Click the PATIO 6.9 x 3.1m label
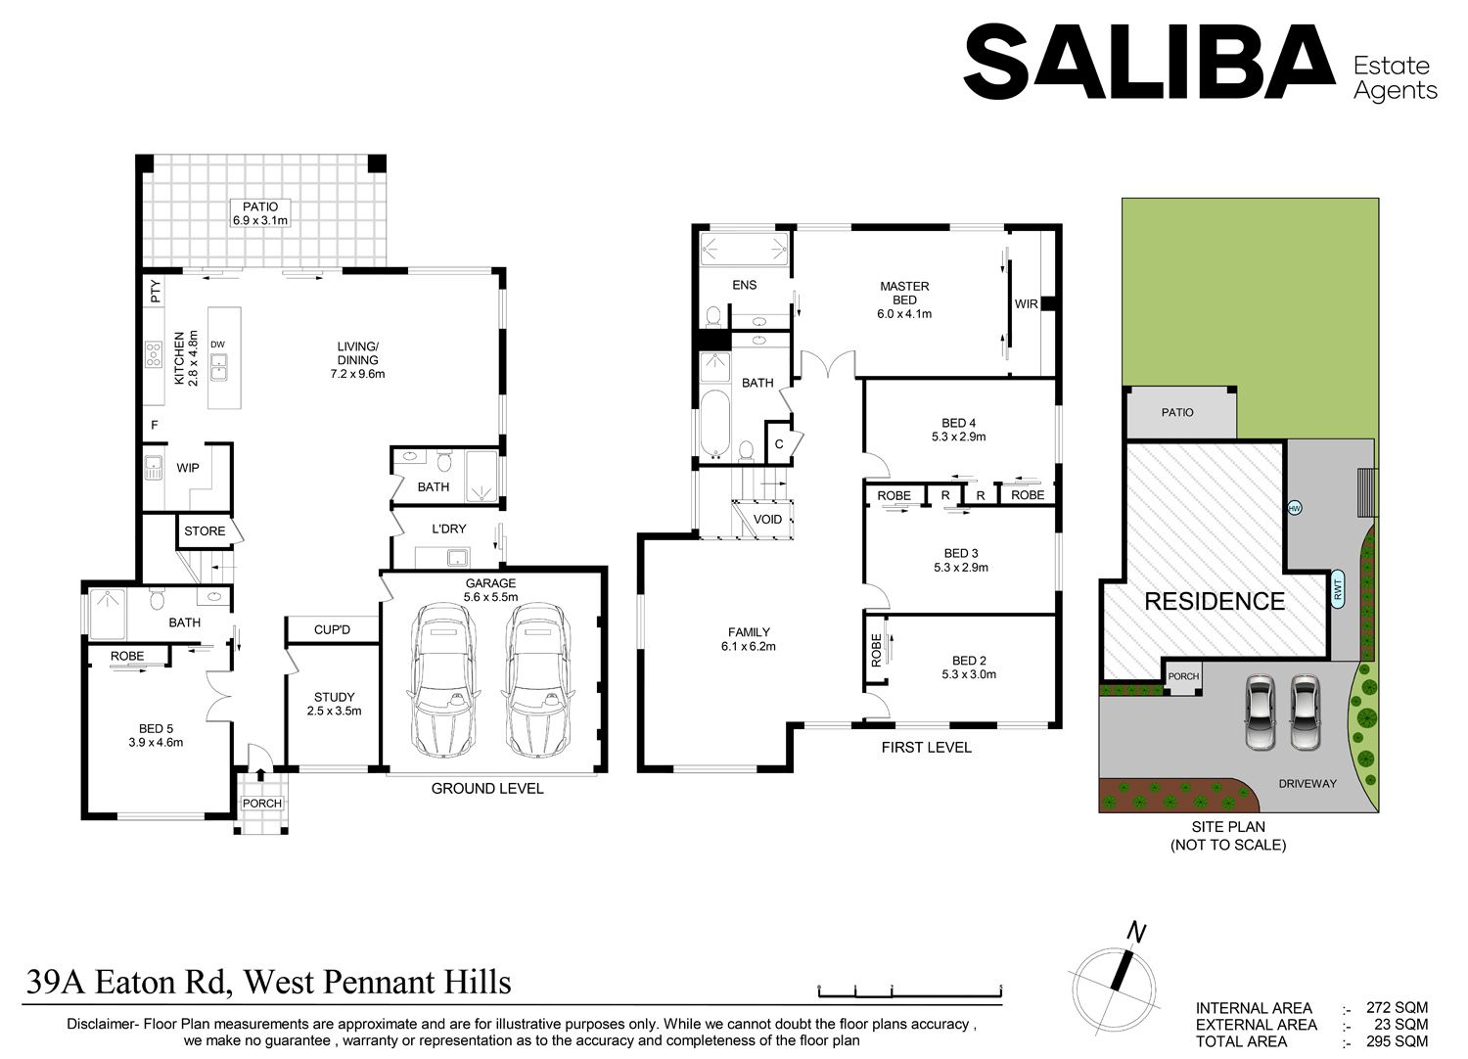[260, 213]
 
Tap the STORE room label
[205, 531]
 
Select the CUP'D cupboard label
[333, 629]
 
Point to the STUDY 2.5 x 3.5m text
[335, 704]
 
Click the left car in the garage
[441, 681]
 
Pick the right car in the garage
[536, 681]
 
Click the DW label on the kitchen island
[217, 345]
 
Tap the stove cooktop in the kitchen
[154, 354]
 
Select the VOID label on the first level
[767, 520]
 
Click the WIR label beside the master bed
[1027, 304]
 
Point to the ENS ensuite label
[745, 285]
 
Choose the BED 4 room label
[959, 430]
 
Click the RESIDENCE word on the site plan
[1215, 602]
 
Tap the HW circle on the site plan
[1295, 508]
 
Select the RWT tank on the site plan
[1338, 590]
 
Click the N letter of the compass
[1136, 932]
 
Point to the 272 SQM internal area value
[1397, 1008]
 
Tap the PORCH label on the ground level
[262, 804]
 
